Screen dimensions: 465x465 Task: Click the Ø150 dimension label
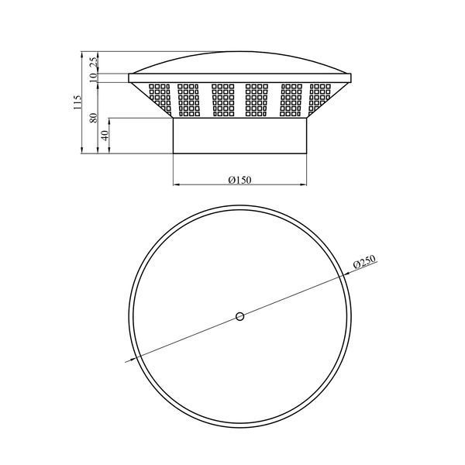tap(239, 180)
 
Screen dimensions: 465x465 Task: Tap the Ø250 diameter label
tap(364, 261)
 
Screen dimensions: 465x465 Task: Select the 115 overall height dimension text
tap(77, 102)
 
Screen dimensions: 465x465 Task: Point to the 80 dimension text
tap(93, 118)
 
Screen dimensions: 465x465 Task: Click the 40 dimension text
tap(105, 135)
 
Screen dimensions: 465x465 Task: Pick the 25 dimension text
tap(93, 62)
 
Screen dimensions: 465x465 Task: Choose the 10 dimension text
tap(93, 77)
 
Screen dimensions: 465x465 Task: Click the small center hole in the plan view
tap(240, 316)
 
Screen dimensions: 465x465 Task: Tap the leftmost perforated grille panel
tap(160, 100)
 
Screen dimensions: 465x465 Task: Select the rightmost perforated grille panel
tap(319, 100)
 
